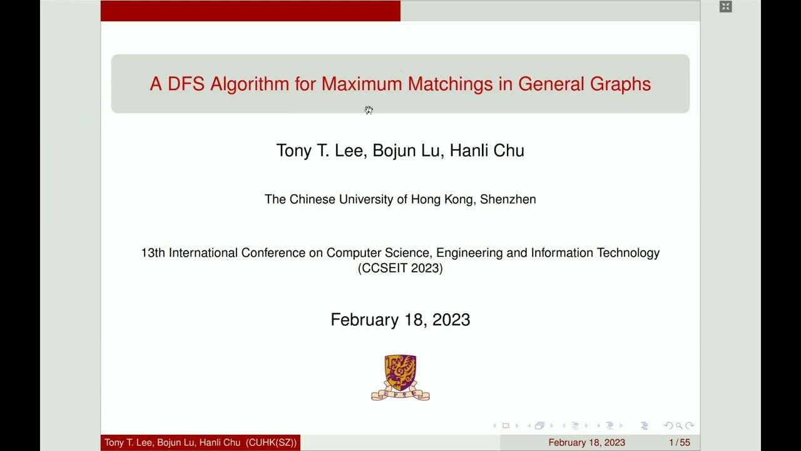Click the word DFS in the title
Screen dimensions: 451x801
click(x=186, y=84)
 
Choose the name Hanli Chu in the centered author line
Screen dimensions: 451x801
click(x=487, y=150)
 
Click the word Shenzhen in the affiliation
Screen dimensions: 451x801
click(x=508, y=199)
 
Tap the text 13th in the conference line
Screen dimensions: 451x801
click(x=153, y=253)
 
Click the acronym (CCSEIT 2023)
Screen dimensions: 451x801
click(x=400, y=268)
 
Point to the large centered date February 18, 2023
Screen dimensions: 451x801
click(x=400, y=319)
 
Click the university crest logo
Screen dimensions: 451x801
click(x=400, y=377)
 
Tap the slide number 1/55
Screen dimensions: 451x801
click(x=680, y=443)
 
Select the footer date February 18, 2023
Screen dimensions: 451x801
click(x=586, y=443)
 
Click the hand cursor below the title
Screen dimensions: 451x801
click(x=369, y=110)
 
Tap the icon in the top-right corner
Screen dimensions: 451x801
click(x=725, y=7)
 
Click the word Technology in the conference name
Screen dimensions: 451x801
click(x=628, y=253)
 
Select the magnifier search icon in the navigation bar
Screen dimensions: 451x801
click(x=679, y=426)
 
